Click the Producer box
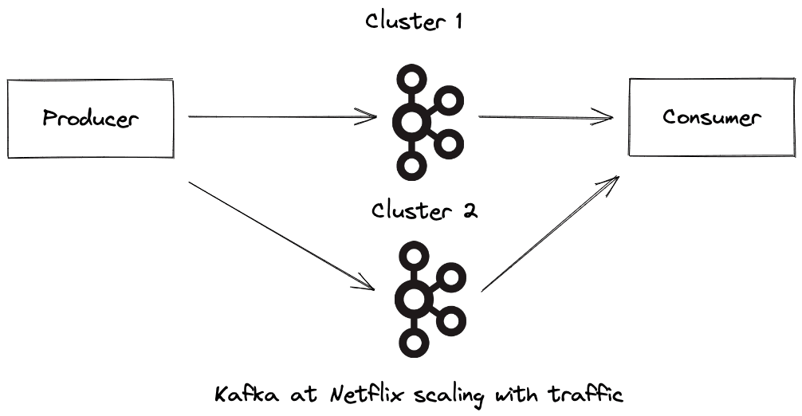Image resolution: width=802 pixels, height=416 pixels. [89, 118]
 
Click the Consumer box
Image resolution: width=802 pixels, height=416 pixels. [711, 117]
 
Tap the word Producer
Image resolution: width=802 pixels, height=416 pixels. [90, 119]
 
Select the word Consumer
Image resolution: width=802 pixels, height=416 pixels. [712, 117]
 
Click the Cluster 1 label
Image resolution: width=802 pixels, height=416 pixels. [414, 22]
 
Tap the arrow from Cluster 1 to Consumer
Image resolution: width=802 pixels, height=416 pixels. [545, 118]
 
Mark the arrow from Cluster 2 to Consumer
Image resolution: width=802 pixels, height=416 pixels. [550, 234]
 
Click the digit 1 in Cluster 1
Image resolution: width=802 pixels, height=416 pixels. [457, 22]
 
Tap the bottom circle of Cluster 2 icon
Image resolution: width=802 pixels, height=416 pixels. [413, 343]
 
